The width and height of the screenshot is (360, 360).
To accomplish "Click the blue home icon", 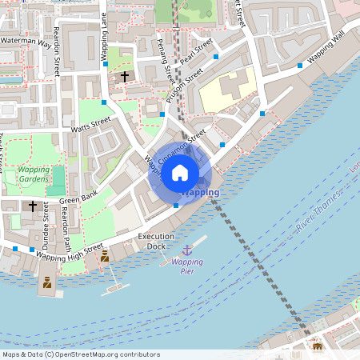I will click(x=180, y=172).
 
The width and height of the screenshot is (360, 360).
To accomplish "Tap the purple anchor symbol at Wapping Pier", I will click(x=188, y=250).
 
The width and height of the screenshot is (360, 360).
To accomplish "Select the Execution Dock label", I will click(x=156, y=242).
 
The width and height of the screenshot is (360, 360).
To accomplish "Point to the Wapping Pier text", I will click(x=187, y=266).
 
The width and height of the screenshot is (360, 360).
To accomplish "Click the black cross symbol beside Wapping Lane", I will click(x=124, y=76).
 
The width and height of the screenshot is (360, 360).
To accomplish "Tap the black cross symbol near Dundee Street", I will click(x=33, y=206).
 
